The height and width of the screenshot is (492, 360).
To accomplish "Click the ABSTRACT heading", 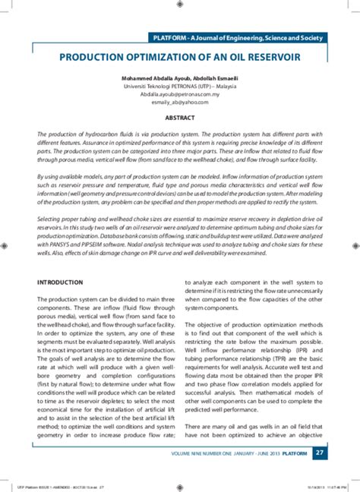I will (181, 118).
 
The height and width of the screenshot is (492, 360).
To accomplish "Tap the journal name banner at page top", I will (237, 37).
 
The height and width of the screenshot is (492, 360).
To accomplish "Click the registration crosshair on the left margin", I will (6, 246).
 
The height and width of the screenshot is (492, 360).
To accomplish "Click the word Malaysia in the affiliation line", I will (220, 86).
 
